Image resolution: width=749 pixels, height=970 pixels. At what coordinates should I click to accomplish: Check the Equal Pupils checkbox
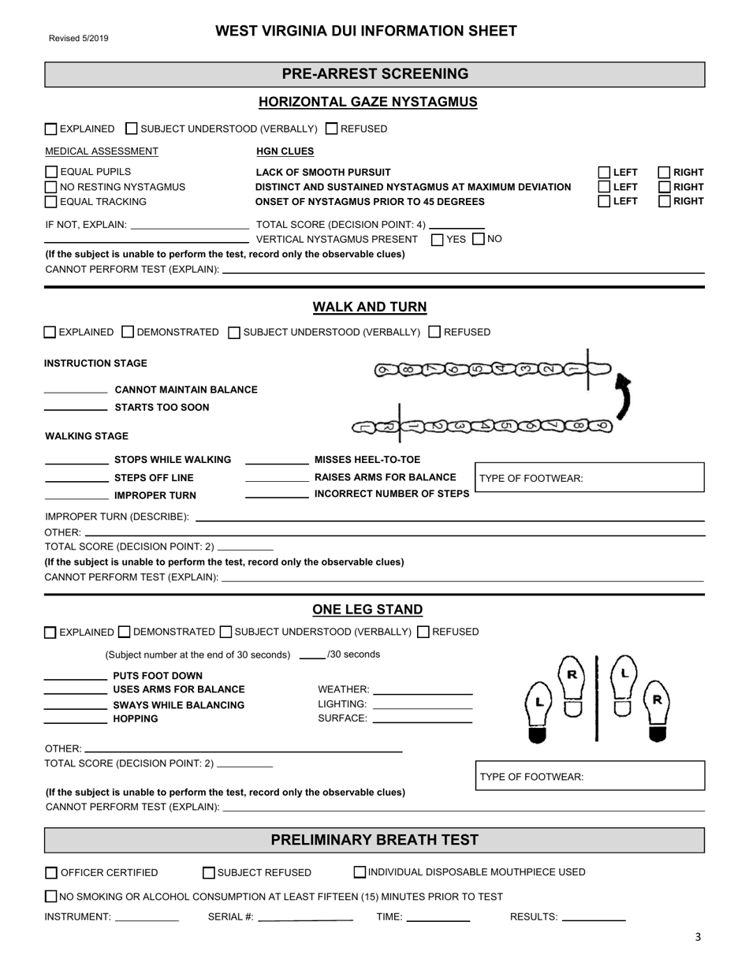[x=51, y=172]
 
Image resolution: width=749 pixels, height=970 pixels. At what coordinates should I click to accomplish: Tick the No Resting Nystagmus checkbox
[x=51, y=187]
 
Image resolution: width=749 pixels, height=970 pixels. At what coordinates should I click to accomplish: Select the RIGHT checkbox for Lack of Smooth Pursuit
[x=664, y=173]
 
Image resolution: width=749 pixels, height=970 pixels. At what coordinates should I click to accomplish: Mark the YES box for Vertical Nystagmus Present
[x=438, y=240]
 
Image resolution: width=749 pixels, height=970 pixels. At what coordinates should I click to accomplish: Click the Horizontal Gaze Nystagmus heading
[x=367, y=102]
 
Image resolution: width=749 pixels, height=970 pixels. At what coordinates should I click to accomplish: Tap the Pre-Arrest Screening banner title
[x=375, y=74]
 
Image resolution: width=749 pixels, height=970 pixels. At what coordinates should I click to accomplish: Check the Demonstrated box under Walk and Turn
[x=129, y=332]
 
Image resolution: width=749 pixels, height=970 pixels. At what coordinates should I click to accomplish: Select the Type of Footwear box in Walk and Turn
[x=589, y=478]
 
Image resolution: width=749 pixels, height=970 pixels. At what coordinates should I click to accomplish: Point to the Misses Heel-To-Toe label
[x=367, y=460]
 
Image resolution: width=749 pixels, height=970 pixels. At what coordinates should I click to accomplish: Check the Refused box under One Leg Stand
[x=423, y=632]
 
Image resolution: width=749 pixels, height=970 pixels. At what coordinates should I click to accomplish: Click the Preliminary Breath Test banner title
[x=374, y=840]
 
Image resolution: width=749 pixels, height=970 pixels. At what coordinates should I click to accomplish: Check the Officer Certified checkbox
[x=51, y=873]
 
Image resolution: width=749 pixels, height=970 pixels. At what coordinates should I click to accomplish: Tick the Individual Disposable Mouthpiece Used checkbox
[x=360, y=872]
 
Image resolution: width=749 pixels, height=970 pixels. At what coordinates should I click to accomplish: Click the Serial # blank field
[x=305, y=917]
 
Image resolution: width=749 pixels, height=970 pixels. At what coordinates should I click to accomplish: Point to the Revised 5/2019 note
[x=79, y=38]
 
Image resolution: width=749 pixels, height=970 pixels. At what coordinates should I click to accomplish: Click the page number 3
[x=698, y=937]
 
